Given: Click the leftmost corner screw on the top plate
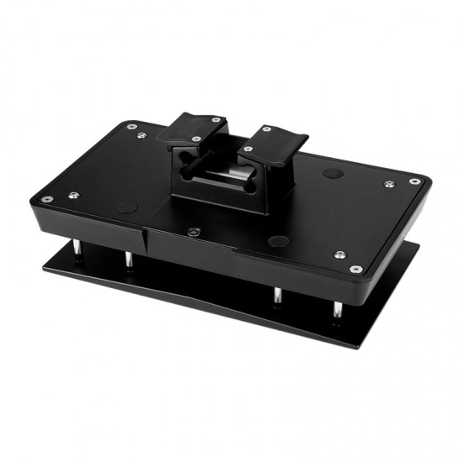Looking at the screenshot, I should point(47,199).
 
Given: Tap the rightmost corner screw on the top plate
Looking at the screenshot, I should point(414,181).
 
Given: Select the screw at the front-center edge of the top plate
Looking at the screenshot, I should point(193,231).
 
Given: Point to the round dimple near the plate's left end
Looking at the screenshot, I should point(126,207).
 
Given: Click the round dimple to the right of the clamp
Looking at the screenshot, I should point(333,173).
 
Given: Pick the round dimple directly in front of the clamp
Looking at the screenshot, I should point(277,241).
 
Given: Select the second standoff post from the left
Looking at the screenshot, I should point(129,260).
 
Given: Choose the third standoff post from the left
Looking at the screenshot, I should point(277,297).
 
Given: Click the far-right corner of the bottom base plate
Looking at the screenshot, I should point(417,244).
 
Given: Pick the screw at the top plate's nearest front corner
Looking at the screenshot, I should point(355,269).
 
